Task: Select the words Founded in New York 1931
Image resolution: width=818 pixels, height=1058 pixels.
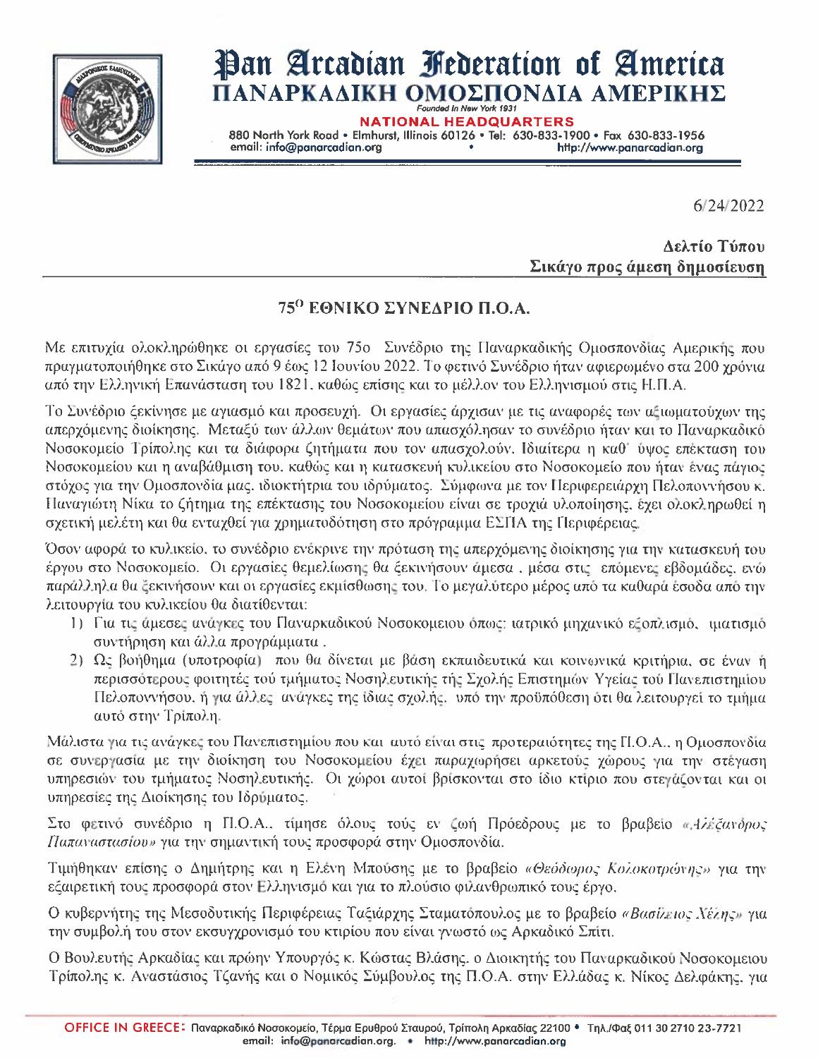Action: [x=467, y=110]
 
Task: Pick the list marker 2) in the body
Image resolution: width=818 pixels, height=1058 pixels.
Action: [x=78, y=661]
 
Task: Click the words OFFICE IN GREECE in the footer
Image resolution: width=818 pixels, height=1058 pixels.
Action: [x=126, y=1028]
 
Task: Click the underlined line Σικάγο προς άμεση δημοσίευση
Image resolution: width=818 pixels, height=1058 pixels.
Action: [x=647, y=267]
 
